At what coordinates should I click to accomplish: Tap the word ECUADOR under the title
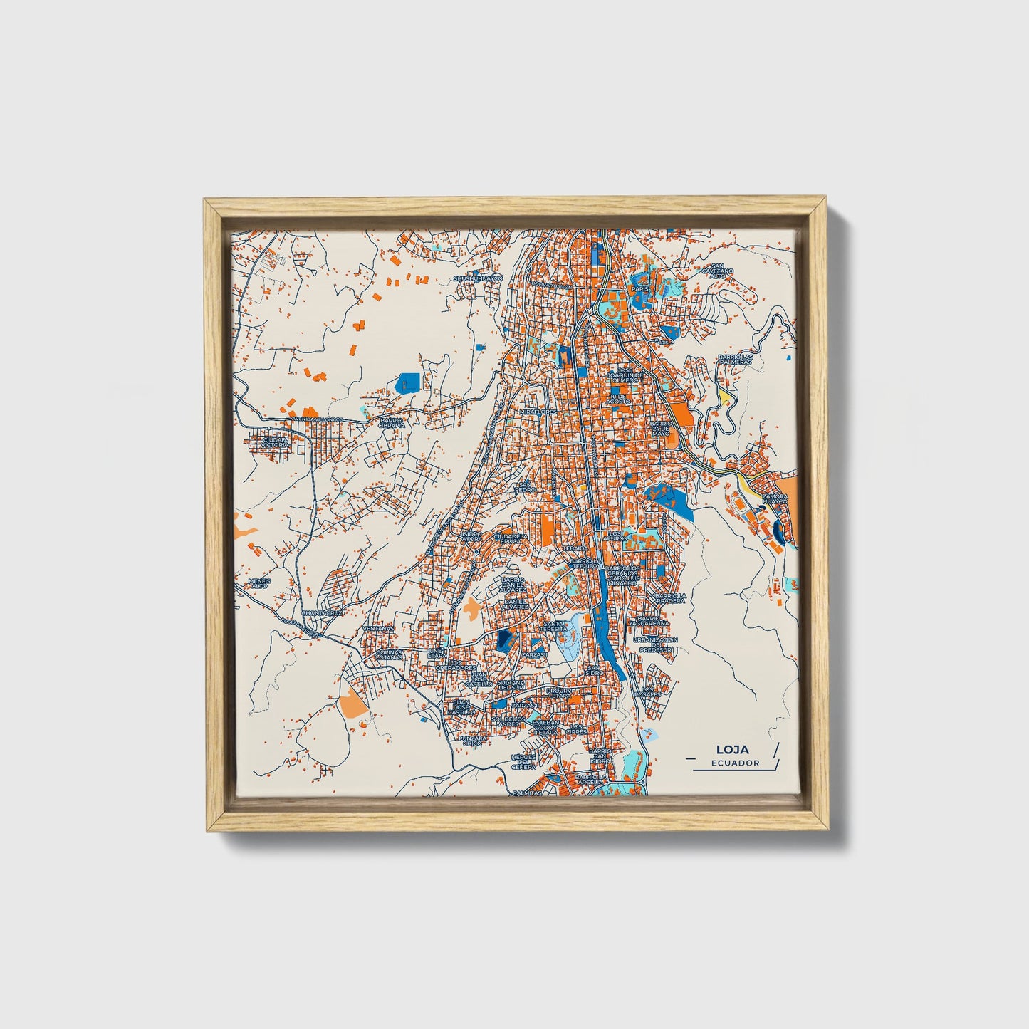click(734, 763)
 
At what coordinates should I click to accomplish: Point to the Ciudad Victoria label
click(276, 442)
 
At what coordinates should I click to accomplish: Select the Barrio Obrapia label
click(392, 423)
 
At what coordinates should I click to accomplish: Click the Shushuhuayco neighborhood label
click(478, 278)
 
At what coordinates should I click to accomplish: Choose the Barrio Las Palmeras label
click(735, 359)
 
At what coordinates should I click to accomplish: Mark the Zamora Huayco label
click(775, 498)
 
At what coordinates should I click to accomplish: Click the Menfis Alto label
click(259, 583)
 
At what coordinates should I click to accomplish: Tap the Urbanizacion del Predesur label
click(655, 644)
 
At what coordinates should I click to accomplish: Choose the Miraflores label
click(538, 412)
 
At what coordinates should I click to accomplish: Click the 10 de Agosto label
click(617, 399)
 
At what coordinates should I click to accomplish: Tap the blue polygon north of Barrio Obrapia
click(407, 382)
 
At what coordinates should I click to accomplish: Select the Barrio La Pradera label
click(670, 597)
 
